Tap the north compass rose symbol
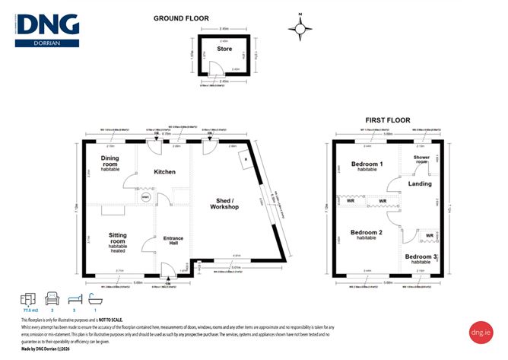pyautogui.click(x=302, y=29)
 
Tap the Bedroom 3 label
pyautogui.click(x=421, y=257)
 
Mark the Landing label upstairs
pyautogui.click(x=420, y=183)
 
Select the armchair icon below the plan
pyautogui.click(x=52, y=298)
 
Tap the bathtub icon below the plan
pyautogui.click(x=96, y=298)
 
